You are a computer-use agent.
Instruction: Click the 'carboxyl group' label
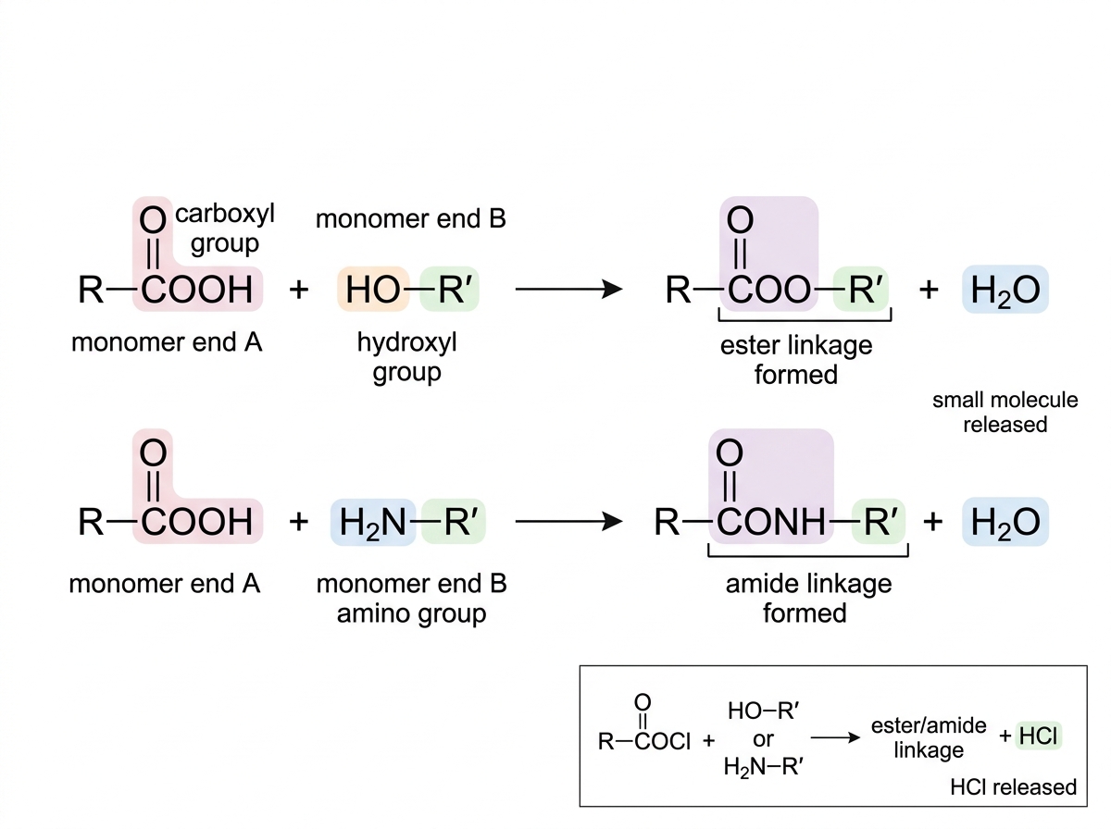[225, 229]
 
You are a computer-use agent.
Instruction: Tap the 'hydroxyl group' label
[407, 357]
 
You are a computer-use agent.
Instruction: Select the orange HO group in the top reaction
[373, 290]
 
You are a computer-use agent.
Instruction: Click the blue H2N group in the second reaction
[373, 522]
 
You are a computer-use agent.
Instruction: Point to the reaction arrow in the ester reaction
[568, 290]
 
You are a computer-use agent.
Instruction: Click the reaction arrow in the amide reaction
[568, 522]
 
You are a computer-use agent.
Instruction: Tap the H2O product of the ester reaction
[1005, 290]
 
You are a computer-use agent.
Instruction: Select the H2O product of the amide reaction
[1005, 522]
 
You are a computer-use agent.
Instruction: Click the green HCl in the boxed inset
[1038, 736]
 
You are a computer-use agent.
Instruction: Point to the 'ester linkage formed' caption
[796, 360]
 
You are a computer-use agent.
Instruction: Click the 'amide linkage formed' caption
[808, 599]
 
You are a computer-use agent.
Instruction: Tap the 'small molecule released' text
[1005, 413]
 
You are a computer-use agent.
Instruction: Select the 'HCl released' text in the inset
[1013, 787]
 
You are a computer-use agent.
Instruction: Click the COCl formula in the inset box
[662, 741]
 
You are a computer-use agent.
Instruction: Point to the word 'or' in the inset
[763, 739]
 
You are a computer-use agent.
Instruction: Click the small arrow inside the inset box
[835, 737]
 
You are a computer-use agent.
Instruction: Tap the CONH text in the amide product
[771, 522]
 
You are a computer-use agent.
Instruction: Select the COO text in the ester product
[768, 290]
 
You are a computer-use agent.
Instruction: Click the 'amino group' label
[411, 614]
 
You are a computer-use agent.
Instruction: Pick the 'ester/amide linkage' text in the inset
[929, 737]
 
